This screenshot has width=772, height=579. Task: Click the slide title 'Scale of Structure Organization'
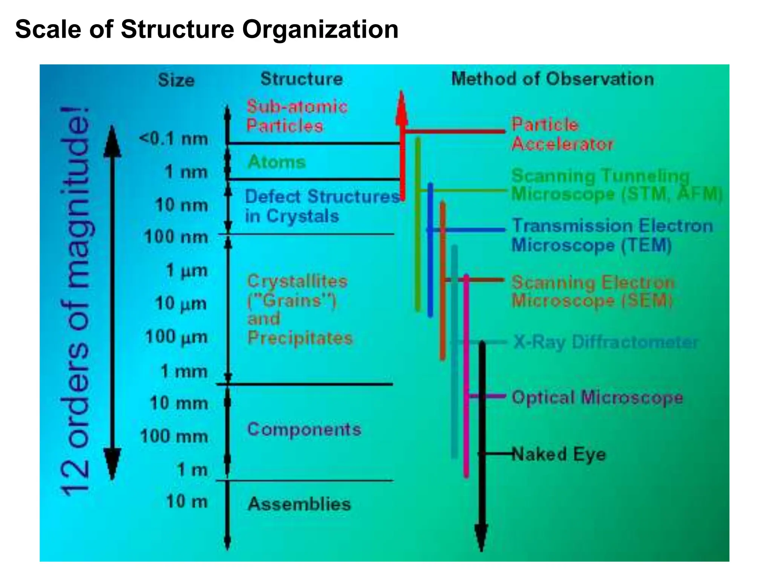[x=207, y=29]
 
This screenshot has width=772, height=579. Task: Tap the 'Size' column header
[x=176, y=80]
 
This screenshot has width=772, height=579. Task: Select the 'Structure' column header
[x=302, y=79]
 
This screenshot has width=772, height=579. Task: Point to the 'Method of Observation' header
[x=552, y=79]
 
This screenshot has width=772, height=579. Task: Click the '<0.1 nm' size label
[x=173, y=139]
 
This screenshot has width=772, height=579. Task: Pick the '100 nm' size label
[x=176, y=237]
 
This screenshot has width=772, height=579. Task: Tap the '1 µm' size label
[x=187, y=271]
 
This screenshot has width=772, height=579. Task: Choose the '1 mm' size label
[x=184, y=371]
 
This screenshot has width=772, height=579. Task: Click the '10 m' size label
[x=187, y=502]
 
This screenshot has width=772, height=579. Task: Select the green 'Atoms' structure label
[x=277, y=162]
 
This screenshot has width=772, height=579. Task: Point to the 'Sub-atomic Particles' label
[x=297, y=116]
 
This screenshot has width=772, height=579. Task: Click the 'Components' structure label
[x=304, y=429]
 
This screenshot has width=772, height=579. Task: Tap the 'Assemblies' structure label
[x=299, y=504]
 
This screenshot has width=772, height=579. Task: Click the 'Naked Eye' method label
[x=559, y=454]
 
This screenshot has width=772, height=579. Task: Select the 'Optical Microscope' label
[x=597, y=397]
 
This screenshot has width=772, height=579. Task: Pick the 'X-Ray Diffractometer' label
[x=605, y=342]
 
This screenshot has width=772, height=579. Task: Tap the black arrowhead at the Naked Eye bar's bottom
[x=481, y=537]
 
